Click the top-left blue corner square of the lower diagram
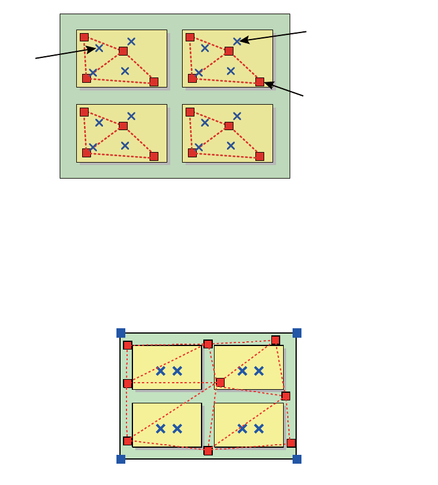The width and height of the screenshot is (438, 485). pyautogui.click(x=121, y=333)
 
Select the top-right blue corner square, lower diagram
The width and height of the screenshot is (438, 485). pyautogui.click(x=297, y=333)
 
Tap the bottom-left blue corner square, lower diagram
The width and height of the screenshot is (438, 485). pyautogui.click(x=121, y=459)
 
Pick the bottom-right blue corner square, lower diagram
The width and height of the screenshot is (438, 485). pyautogui.click(x=297, y=459)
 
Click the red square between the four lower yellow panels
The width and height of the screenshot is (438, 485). pyautogui.click(x=220, y=382)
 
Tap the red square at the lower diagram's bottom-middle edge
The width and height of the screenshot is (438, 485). pyautogui.click(x=208, y=451)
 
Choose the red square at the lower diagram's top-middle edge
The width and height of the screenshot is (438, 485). pyautogui.click(x=208, y=344)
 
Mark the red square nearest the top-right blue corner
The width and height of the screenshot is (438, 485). pyautogui.click(x=275, y=340)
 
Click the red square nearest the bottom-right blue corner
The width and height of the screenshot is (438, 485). pyautogui.click(x=291, y=443)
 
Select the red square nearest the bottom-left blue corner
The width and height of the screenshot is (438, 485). pyautogui.click(x=128, y=441)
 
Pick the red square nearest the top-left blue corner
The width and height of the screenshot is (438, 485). pyautogui.click(x=128, y=345)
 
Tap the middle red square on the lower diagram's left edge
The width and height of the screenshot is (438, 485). pyautogui.click(x=128, y=383)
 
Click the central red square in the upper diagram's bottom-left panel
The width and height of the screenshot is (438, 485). pyautogui.click(x=123, y=126)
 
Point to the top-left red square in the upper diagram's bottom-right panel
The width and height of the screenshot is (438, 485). pyautogui.click(x=190, y=112)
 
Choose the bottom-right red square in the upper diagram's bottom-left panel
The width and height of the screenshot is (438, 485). pyautogui.click(x=154, y=156)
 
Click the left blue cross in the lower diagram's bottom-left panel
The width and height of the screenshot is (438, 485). pyautogui.click(x=161, y=428)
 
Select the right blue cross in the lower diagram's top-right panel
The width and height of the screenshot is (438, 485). pyautogui.click(x=259, y=371)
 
